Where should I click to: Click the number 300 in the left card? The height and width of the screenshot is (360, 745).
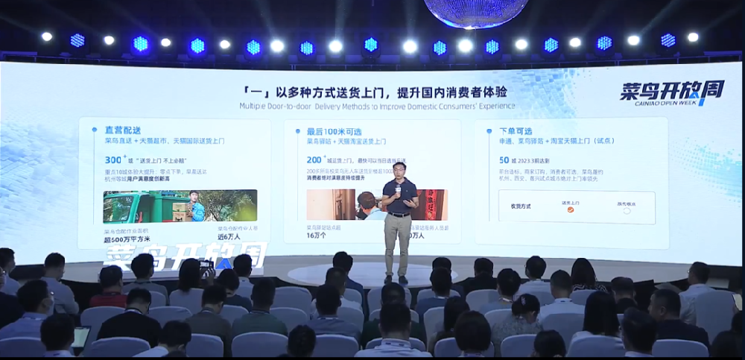pyautogui.click(x=112, y=160)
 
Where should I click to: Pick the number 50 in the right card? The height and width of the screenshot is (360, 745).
pyautogui.click(x=504, y=160)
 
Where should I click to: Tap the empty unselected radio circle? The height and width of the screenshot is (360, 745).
pyautogui.click(x=627, y=211)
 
